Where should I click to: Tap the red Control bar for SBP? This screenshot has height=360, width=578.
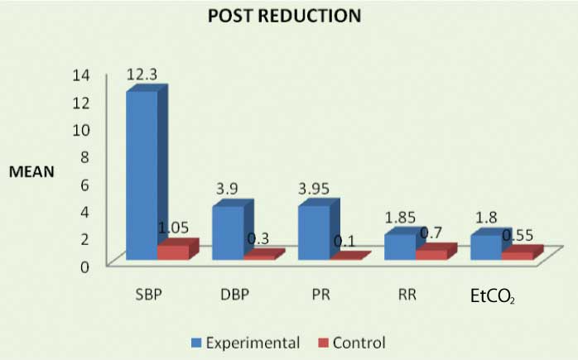pos(173,252)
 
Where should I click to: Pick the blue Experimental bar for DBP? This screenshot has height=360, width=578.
pos(227,233)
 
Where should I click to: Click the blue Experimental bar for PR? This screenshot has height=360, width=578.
pos(313,232)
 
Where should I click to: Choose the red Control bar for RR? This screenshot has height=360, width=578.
pos(431,253)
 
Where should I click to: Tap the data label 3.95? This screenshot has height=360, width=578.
pos(314,189)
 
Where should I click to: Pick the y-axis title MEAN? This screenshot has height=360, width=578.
pos(31,173)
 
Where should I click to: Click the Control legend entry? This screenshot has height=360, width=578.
pos(353,341)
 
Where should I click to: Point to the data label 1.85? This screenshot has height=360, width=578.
pos(401,218)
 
